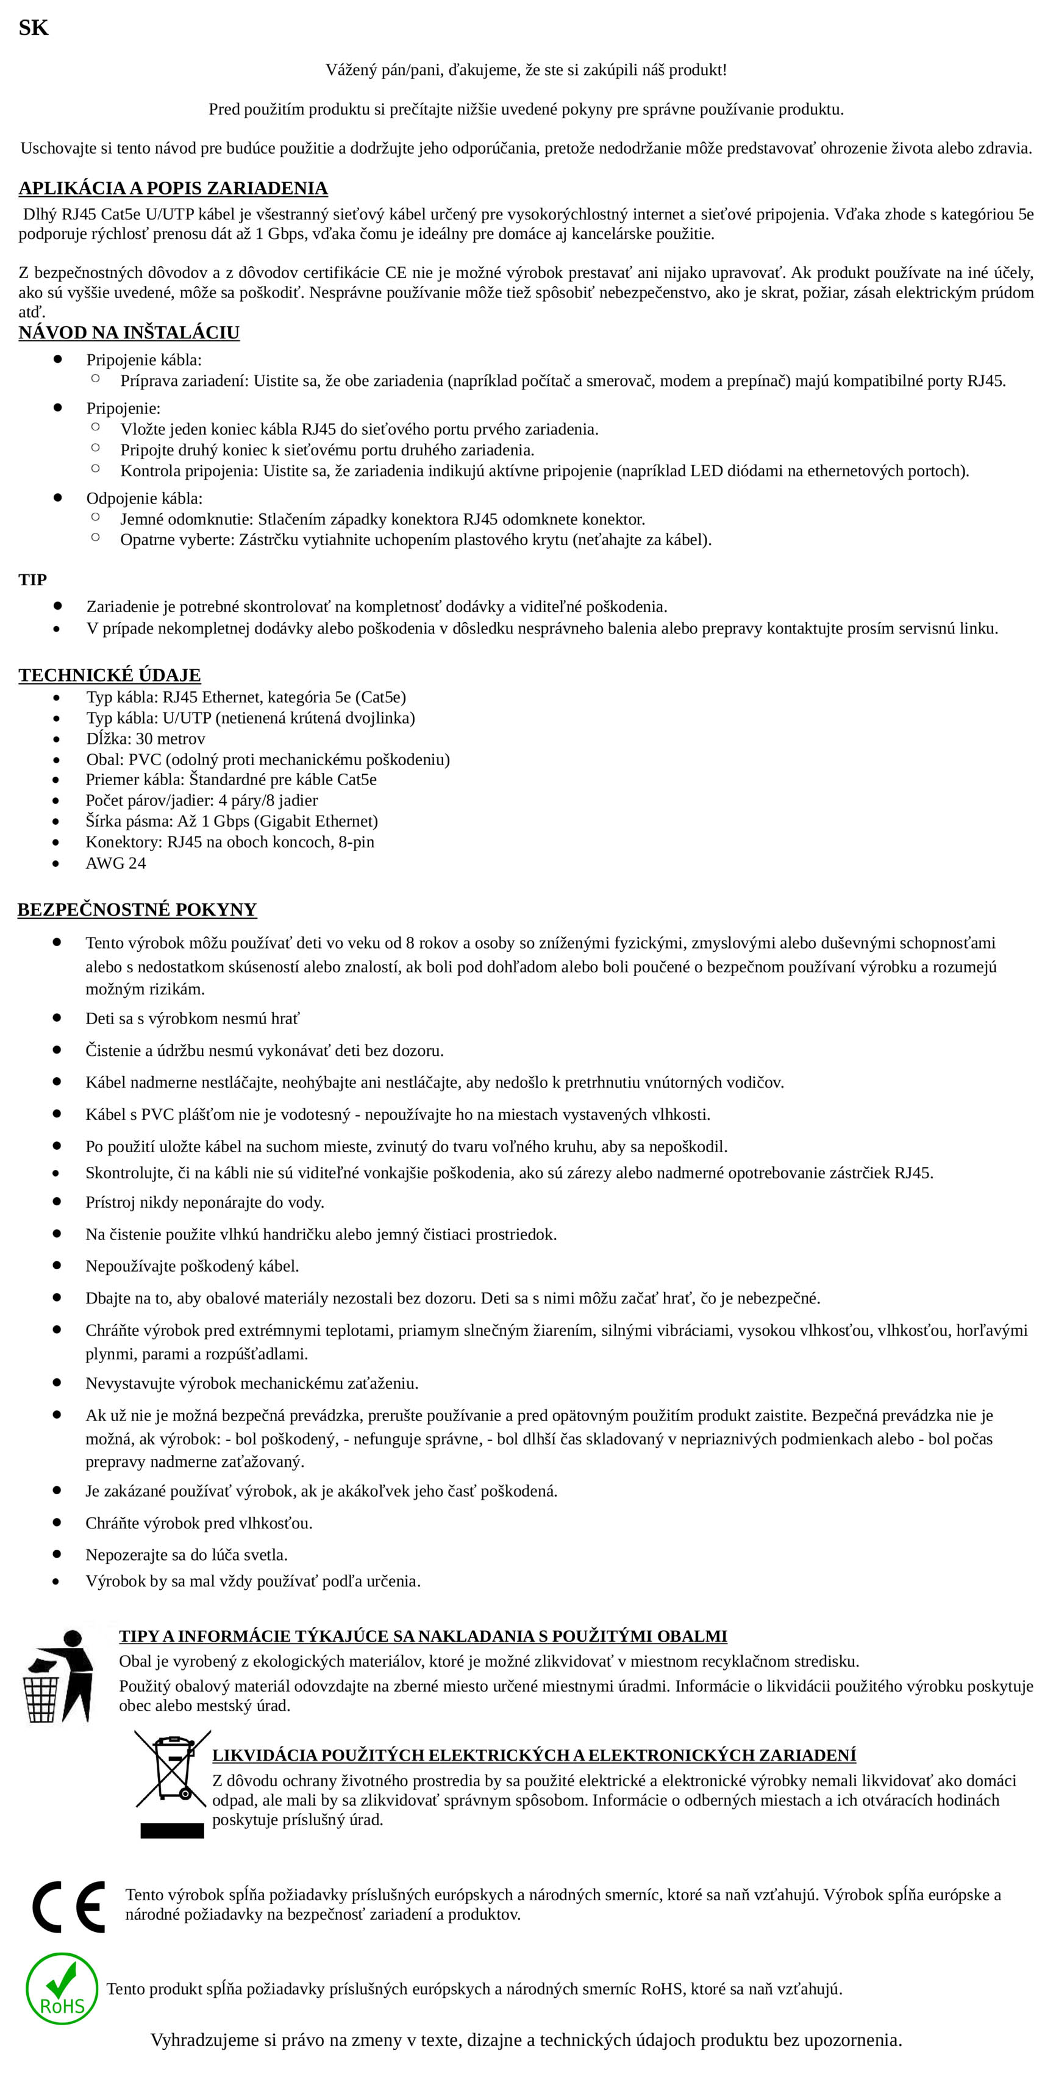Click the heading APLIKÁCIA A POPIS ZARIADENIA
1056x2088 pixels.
(x=173, y=188)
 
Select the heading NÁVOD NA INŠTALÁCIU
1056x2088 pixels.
(x=129, y=332)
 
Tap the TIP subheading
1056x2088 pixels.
(x=32, y=580)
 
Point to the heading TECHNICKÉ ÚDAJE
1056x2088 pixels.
(x=109, y=675)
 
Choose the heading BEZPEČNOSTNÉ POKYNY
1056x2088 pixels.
(x=137, y=910)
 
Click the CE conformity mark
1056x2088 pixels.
(x=69, y=1906)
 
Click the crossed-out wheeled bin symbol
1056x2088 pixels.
(x=173, y=1783)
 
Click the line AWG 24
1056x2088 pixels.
(x=116, y=863)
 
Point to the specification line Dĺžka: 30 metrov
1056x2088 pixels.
(x=146, y=738)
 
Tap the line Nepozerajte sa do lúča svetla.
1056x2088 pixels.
(x=187, y=1555)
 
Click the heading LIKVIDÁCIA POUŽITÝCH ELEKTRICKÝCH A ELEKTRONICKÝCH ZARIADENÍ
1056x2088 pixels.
(x=534, y=1755)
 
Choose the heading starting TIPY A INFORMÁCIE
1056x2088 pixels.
(x=423, y=1636)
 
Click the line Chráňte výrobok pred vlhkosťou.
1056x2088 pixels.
(x=199, y=1523)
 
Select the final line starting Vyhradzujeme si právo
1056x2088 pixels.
(x=526, y=2039)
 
